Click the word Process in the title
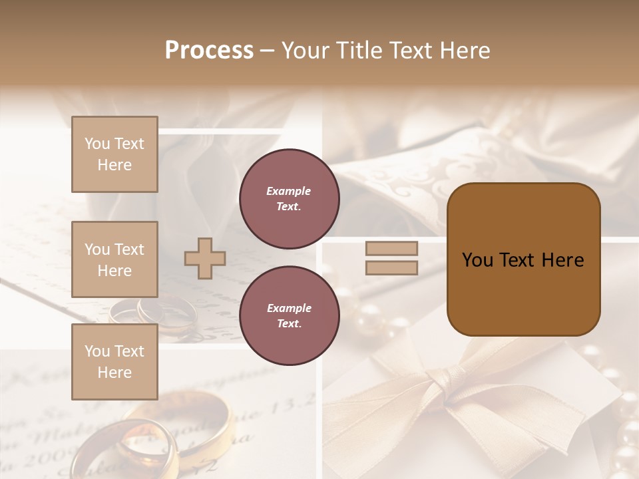point(209,51)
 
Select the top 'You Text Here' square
point(114,154)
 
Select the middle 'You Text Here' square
point(114,259)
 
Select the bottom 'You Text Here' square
point(114,361)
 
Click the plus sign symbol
point(205,258)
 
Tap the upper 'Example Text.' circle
point(290,198)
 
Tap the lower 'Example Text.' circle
point(290,315)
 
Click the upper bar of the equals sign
point(391,249)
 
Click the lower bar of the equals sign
point(391,267)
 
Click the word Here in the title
point(466,51)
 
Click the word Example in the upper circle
point(288,191)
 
